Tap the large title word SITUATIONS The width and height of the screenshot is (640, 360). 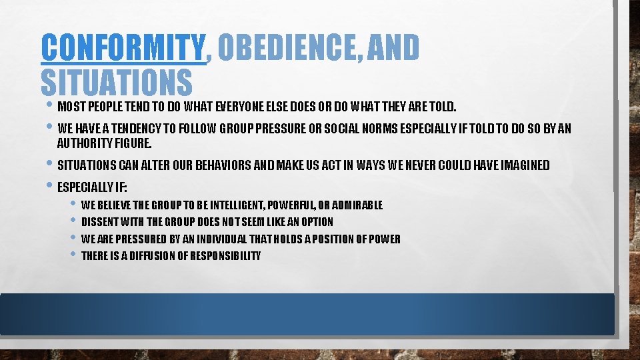click(x=116, y=82)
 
